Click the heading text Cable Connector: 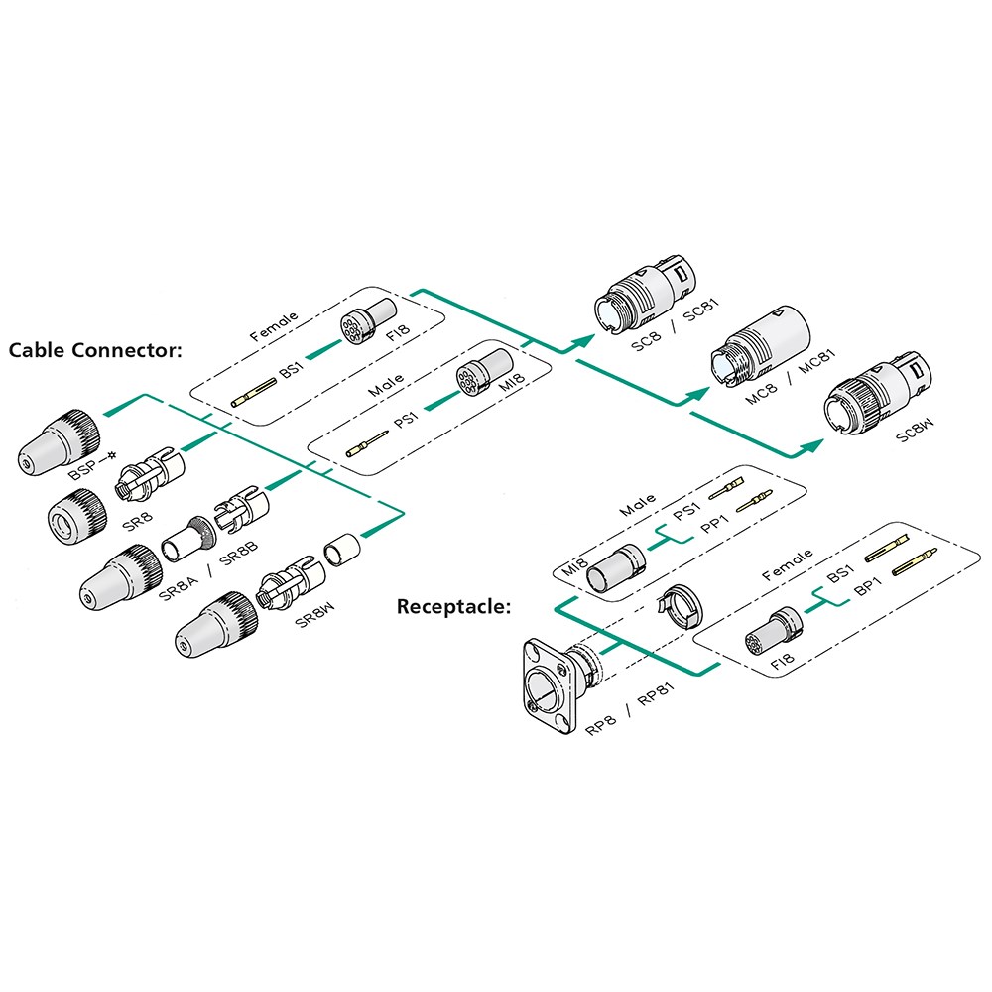coord(95,350)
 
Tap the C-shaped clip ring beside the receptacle coord(679,604)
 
